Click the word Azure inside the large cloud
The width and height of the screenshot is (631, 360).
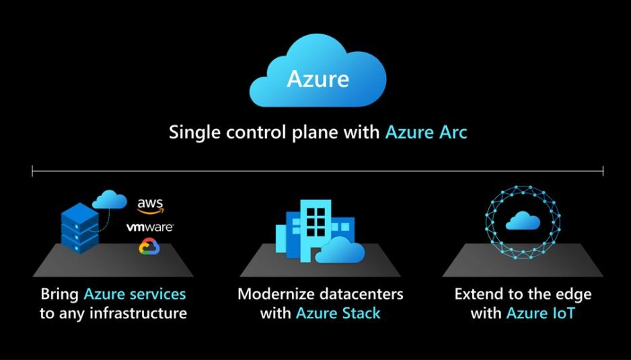[x=318, y=79]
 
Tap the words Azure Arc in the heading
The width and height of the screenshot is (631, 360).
[x=426, y=132]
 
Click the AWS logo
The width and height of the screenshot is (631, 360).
[x=151, y=206]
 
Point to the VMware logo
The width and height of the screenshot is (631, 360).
[x=150, y=227]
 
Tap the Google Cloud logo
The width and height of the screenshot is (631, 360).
[x=149, y=246]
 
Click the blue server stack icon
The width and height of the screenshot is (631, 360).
[x=80, y=228]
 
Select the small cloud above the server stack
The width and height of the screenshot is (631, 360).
[x=110, y=199]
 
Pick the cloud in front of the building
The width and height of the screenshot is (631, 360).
[x=340, y=250]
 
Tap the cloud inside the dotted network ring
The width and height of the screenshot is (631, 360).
[x=523, y=221]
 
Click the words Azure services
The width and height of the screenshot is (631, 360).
[x=135, y=294]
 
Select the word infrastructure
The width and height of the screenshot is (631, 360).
[x=138, y=314]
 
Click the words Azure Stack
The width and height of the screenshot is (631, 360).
[x=338, y=314]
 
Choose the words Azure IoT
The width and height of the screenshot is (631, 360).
[x=540, y=314]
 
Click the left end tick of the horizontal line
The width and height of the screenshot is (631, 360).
[x=32, y=171]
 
